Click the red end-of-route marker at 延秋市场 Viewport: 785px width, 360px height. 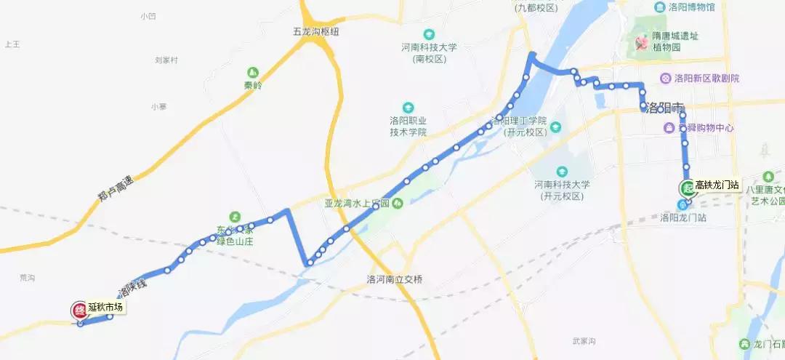click(x=78, y=310)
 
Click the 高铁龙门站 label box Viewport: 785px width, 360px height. click(x=716, y=185)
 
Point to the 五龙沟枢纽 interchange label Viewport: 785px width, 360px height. click(x=316, y=32)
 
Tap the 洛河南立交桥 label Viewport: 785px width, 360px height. click(x=395, y=279)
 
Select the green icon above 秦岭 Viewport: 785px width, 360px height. click(x=252, y=73)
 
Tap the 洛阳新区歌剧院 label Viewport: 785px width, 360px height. click(x=706, y=79)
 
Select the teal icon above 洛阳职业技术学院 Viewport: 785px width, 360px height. click(x=408, y=107)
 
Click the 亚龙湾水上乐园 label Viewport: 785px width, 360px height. click(x=357, y=204)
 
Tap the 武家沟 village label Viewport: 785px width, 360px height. click(x=584, y=341)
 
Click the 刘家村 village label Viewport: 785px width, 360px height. click(x=166, y=60)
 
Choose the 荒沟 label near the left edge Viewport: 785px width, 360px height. click(x=28, y=278)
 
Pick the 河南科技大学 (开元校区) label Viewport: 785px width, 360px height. click(x=560, y=191)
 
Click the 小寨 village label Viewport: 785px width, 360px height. click(x=158, y=107)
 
